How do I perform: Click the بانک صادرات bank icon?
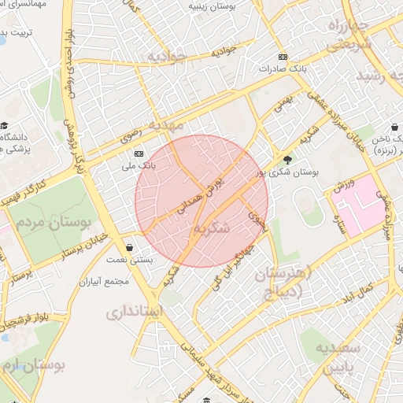coord(283,57)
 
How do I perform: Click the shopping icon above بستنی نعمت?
coord(129,247)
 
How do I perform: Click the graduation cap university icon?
coord(5,126)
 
